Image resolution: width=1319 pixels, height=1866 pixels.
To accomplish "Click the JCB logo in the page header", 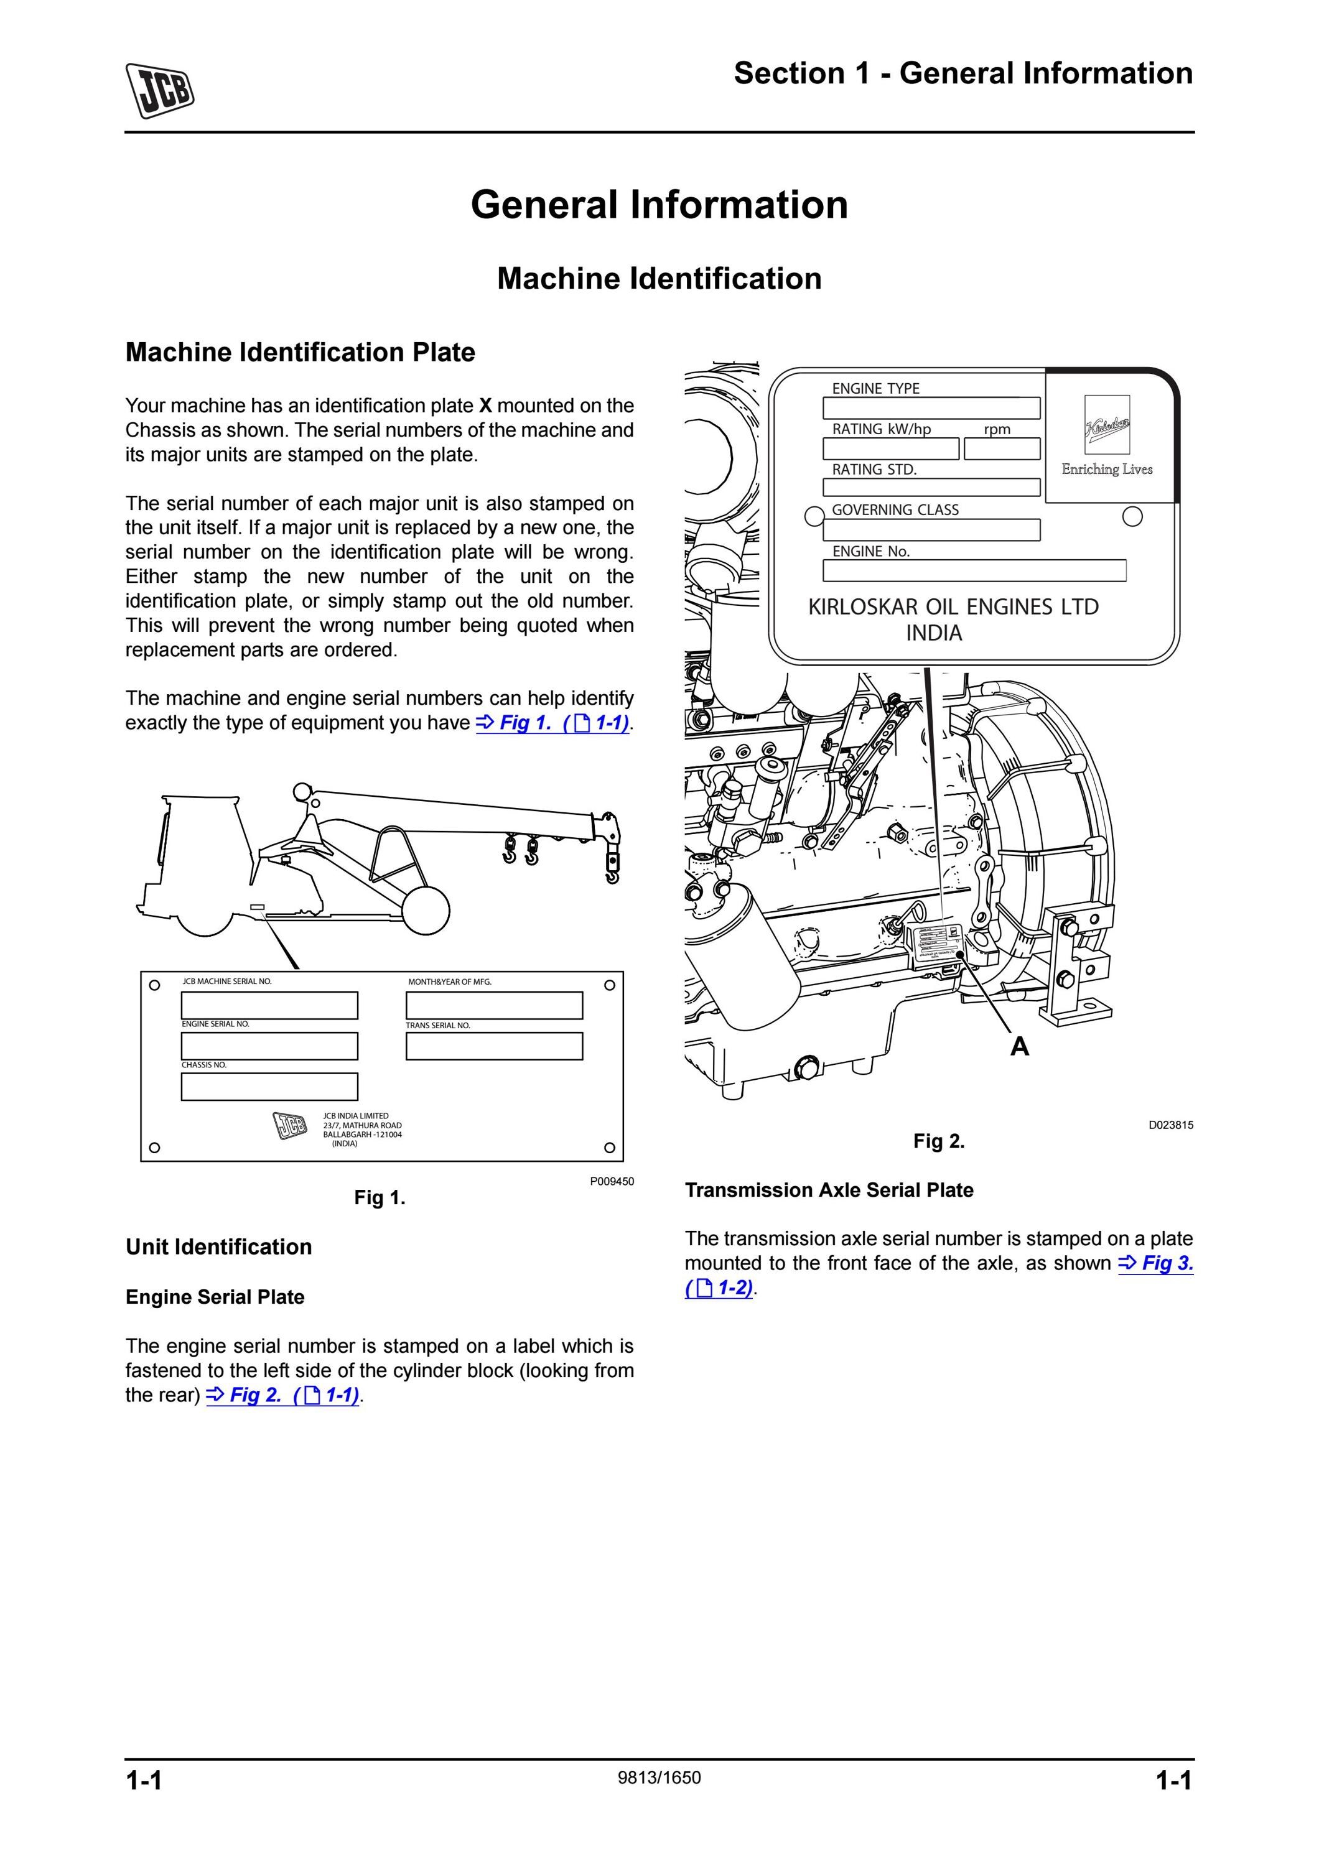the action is point(160,90).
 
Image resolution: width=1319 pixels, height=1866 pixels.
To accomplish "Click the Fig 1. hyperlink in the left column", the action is point(552,723).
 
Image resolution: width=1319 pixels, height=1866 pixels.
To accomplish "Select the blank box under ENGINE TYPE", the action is point(931,408).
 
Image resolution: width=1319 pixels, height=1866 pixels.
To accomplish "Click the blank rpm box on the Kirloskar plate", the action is point(1002,448).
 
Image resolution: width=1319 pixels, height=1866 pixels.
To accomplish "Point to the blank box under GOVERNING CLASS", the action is point(931,530).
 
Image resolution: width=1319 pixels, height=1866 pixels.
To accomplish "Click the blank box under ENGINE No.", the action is point(974,570).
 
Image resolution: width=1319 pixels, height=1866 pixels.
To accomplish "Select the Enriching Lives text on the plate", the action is point(1107,469).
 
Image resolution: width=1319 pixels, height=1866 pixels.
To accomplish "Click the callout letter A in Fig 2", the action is point(1019,1047).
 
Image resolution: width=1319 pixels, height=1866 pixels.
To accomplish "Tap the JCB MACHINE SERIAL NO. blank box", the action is point(269,1005).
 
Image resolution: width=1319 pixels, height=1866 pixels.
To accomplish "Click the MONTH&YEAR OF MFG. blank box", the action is point(494,1005).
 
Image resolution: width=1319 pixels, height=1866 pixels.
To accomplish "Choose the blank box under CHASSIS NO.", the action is point(269,1087).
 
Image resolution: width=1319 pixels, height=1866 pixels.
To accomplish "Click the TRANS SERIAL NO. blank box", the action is point(494,1046).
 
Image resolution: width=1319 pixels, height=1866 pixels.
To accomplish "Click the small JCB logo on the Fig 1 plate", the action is point(290,1126).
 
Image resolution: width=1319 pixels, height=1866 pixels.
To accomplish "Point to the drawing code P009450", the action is point(612,1181).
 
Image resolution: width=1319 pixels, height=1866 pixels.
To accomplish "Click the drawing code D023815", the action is point(1171,1125).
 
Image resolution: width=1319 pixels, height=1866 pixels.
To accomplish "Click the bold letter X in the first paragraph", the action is point(485,406).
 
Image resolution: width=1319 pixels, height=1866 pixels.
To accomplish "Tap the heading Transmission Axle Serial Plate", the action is point(829,1190).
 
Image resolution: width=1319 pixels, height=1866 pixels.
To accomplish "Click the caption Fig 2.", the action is point(939,1141).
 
